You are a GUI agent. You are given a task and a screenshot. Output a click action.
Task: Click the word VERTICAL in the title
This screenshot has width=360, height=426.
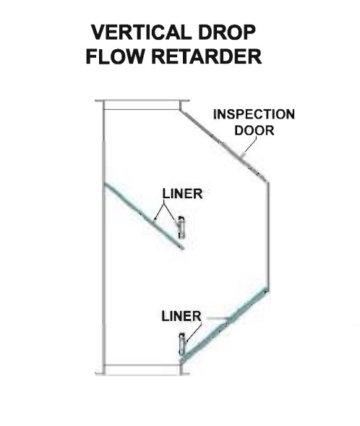140,32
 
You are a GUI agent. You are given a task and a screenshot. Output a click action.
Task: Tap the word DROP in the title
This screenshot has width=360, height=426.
227,32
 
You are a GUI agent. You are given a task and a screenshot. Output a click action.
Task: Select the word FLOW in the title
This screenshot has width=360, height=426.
114,56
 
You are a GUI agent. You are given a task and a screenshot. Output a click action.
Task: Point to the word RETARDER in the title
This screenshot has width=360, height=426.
206,56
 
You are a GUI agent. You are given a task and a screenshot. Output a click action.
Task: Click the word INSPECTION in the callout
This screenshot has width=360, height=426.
254,114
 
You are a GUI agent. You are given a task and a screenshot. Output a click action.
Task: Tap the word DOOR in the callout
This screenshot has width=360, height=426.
254,130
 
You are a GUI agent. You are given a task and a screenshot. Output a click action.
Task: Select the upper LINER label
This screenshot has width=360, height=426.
182,194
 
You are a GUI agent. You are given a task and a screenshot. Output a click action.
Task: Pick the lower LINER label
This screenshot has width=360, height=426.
181,316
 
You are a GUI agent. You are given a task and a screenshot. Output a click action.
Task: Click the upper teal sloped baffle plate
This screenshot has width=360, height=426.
145,216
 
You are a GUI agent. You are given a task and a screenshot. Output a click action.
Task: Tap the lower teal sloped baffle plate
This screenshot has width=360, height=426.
224,326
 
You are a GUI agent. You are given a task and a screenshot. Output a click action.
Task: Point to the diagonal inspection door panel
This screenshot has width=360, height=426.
223,145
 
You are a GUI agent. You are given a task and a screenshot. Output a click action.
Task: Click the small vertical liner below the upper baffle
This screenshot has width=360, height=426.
181,227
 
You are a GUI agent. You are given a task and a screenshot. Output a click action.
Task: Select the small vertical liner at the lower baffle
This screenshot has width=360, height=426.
182,344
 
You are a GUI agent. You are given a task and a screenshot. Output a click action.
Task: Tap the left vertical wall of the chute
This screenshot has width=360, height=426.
103,237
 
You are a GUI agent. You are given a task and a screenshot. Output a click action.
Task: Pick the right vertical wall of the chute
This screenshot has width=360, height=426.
267,236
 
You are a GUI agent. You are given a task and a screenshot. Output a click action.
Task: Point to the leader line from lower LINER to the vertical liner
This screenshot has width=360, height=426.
194,332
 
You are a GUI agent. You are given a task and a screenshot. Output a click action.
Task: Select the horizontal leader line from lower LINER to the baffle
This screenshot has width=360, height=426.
218,318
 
